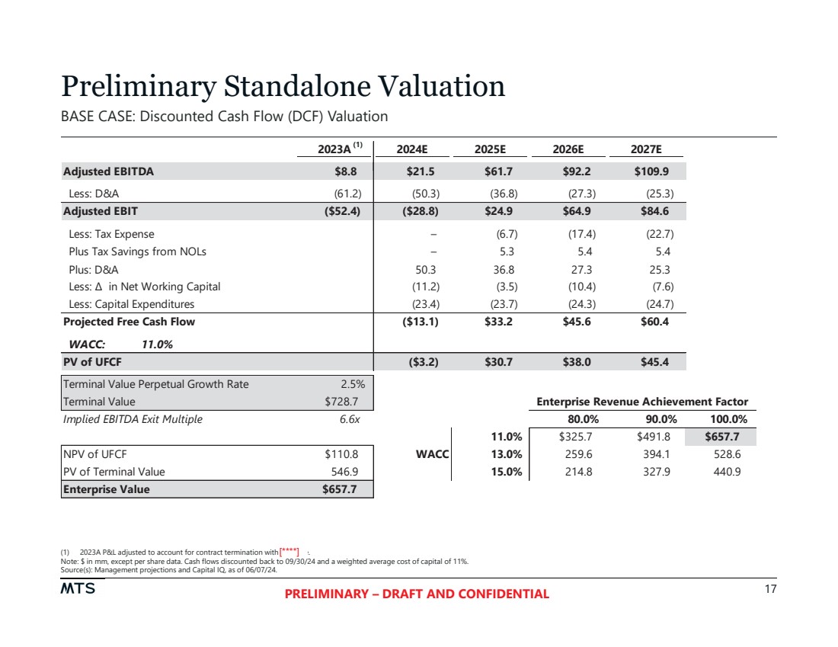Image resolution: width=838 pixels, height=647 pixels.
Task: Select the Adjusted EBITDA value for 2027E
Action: pyautogui.click(x=651, y=171)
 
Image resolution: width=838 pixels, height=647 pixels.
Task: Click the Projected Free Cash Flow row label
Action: pyautogui.click(x=129, y=322)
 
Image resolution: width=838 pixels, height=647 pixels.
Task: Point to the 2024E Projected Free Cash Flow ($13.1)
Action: pyautogui.click(x=420, y=322)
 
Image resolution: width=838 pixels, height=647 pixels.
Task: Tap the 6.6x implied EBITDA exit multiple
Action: pyautogui.click(x=350, y=418)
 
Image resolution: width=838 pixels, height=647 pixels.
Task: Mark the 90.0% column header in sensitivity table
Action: pyautogui.click(x=654, y=419)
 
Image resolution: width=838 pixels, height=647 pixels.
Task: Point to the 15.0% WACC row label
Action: pyautogui.click(x=507, y=472)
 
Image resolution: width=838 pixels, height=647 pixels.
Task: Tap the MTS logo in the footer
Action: pyautogui.click(x=78, y=589)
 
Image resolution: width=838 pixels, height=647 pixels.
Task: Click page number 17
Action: pyautogui.click(x=769, y=589)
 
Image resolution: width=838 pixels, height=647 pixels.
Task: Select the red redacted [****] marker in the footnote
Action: pyautogui.click(x=289, y=551)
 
